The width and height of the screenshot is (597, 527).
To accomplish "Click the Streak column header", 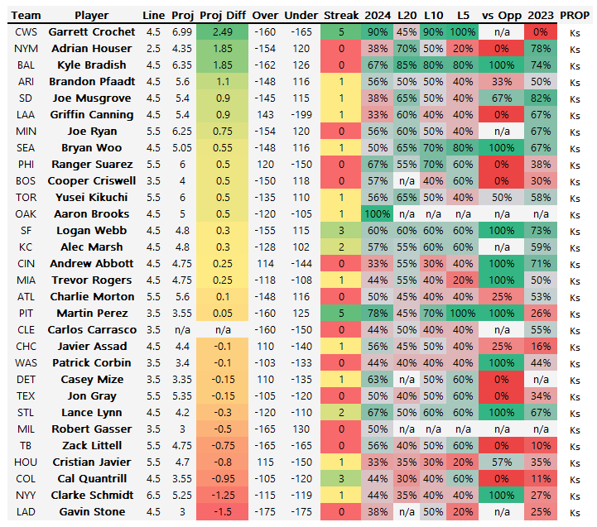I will point(341,15).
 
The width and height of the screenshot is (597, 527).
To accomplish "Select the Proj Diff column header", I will point(223,15).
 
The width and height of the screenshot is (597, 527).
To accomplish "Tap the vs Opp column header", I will point(499,15).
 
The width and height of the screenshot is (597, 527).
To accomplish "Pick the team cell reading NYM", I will point(26,48).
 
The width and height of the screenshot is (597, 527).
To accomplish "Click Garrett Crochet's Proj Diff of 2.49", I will point(223,31).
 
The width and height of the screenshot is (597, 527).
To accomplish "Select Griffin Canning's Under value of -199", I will point(301,114).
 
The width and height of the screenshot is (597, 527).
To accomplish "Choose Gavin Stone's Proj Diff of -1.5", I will point(223,511).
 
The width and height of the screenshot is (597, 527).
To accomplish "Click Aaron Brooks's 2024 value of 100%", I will point(378,213).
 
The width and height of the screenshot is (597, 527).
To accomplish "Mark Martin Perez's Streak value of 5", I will point(341,313).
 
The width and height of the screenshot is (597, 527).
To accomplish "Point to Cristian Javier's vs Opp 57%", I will point(499,462).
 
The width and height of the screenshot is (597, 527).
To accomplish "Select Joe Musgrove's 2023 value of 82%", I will point(540,98).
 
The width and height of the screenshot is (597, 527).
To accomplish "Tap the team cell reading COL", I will point(26,478).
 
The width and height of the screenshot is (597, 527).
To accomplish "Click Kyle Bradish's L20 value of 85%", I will point(407,65).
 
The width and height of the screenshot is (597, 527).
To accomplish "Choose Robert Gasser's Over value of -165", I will point(265,429).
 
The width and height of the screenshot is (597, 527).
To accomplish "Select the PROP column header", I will point(575,15).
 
